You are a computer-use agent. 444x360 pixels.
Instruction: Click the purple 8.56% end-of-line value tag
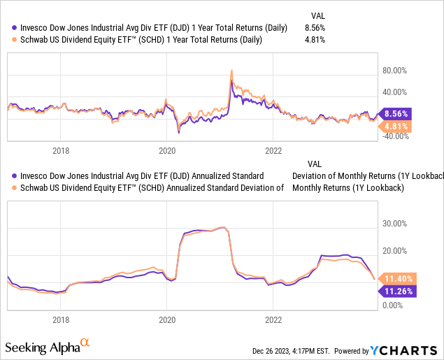(396, 113)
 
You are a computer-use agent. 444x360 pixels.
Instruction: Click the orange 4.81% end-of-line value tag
(396, 127)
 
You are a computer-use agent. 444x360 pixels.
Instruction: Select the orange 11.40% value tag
(396, 278)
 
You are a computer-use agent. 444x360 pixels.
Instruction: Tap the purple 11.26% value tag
(396, 291)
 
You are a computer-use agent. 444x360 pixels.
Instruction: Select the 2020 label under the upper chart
(167, 150)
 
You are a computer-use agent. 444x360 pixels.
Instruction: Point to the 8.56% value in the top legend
(315, 28)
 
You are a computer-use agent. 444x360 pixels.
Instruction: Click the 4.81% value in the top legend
(315, 40)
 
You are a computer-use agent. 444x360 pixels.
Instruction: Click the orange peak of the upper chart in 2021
(231, 70)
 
